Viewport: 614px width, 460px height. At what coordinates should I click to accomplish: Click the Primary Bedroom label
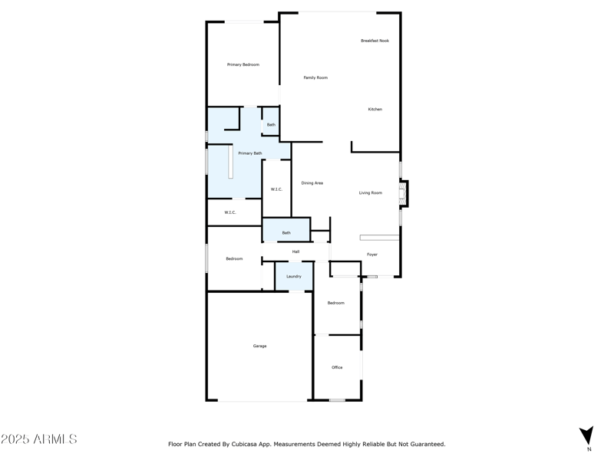tap(243, 65)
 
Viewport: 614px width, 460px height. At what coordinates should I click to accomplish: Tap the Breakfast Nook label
tap(375, 41)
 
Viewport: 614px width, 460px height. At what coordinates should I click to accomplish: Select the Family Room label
tap(315, 77)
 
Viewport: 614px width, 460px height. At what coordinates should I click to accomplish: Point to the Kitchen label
tap(375, 110)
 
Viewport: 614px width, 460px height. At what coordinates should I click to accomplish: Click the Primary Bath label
tap(249, 153)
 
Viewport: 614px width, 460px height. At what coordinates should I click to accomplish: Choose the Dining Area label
tap(312, 183)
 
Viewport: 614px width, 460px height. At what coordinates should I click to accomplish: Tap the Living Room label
tap(370, 193)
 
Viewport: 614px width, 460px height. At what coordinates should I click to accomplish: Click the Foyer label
tap(371, 255)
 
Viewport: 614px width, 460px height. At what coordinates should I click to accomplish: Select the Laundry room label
tap(294, 276)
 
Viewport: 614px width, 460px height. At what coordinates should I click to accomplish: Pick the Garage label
tap(260, 347)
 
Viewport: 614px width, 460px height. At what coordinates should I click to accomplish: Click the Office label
tap(337, 368)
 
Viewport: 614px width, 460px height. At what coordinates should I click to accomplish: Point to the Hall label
tap(295, 251)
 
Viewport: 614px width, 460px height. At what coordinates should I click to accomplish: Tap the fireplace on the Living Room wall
tap(403, 193)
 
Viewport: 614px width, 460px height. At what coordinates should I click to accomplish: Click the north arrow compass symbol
tap(586, 435)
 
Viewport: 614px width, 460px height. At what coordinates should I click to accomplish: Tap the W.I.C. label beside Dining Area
tap(276, 189)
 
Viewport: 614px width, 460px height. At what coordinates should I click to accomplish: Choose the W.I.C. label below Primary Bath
tap(229, 212)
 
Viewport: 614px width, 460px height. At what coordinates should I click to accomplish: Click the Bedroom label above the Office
tap(336, 303)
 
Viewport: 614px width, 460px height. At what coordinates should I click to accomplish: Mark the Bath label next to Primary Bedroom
tap(271, 125)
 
